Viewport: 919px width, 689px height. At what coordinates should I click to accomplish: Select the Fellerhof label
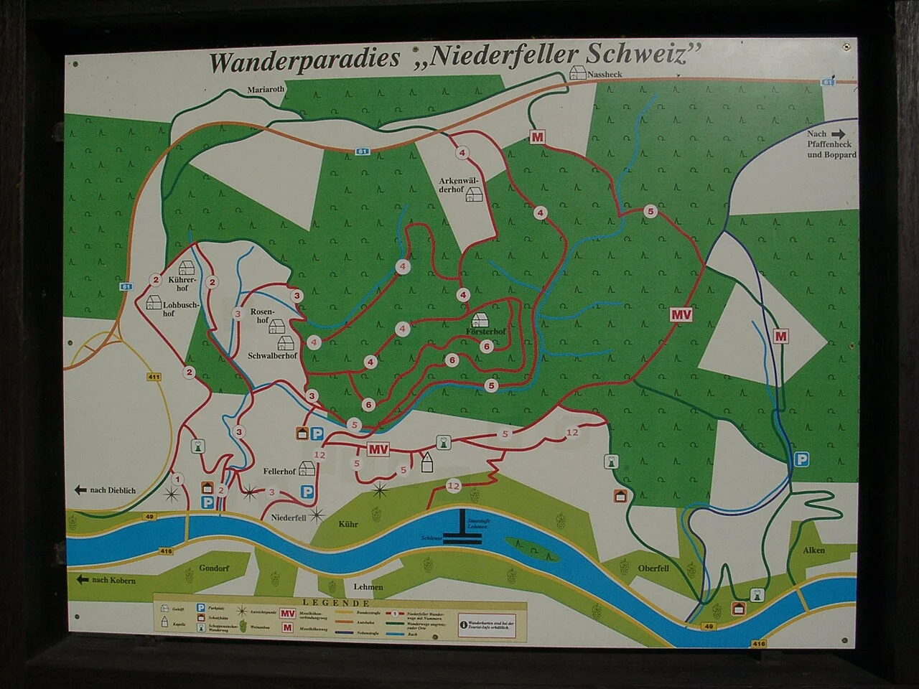279,472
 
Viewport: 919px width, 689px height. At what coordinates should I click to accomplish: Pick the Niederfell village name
289,517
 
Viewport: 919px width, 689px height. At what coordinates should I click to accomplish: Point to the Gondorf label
215,567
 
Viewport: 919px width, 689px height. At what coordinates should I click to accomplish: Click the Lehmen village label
368,586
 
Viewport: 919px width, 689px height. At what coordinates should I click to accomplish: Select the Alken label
813,550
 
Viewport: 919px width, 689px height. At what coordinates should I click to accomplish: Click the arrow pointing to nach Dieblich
81,489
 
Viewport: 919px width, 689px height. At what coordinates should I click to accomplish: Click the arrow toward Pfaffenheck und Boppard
839,133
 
